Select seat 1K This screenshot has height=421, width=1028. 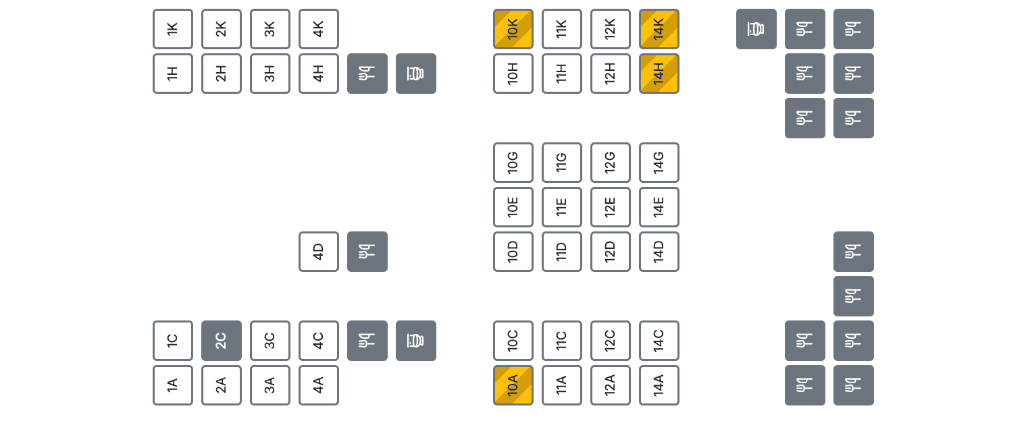point(173,29)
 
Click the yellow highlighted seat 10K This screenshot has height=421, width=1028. point(513,29)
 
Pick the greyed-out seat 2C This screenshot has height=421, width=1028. point(222,341)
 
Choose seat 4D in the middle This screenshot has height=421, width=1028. point(319,252)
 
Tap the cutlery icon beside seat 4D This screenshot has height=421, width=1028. point(367,252)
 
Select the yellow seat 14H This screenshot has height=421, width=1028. point(659,74)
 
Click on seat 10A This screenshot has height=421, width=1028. point(513,385)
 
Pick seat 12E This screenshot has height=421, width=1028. point(611,207)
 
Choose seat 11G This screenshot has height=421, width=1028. point(562,163)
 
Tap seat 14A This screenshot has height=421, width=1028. point(659,385)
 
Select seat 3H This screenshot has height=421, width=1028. point(270,74)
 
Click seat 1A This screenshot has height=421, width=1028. point(173,385)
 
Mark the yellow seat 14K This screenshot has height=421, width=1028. point(659,29)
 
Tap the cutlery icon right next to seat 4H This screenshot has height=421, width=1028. point(367,74)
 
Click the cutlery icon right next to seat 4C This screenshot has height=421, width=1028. point(367,341)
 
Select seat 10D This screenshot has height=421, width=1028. point(513,252)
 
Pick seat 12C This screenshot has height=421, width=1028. point(611,341)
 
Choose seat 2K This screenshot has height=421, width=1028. point(222,29)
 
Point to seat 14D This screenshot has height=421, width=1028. point(659,252)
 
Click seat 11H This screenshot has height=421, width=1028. point(562,74)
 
